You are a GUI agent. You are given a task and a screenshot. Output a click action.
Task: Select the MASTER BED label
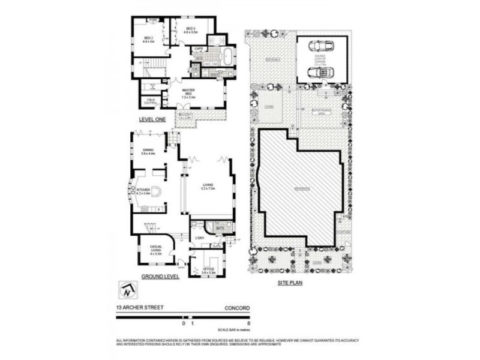191,91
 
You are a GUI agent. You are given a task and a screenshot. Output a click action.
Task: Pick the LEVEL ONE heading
152,119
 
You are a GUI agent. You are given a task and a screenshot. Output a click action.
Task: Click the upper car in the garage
322,47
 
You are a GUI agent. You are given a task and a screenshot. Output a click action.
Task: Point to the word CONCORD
238,309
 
